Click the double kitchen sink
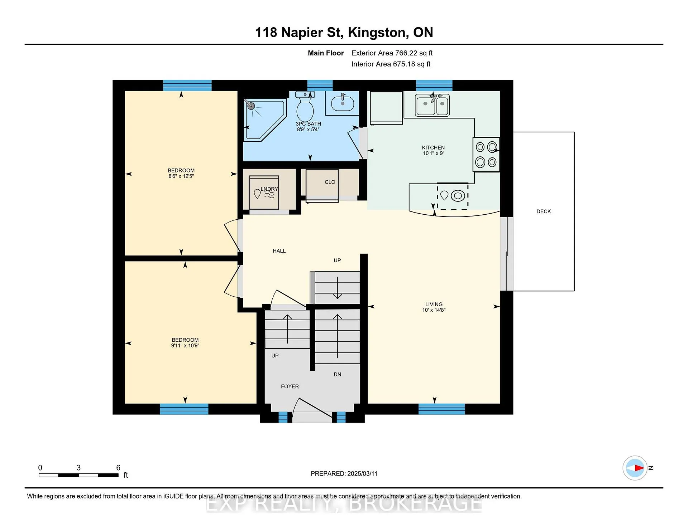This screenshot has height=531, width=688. tap(432, 104)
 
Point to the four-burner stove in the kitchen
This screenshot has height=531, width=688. tap(486, 155)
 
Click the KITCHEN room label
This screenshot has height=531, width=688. tap(433, 147)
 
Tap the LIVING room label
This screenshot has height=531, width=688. tap(434, 304)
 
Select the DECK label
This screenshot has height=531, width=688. tap(544, 211)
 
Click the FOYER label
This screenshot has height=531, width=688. tap(290, 386)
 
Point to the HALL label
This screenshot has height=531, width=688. tap(279, 251)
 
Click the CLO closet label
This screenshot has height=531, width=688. tap(330, 182)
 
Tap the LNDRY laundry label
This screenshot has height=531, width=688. tap(269, 189)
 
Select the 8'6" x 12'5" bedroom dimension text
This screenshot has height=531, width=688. tap(181, 176)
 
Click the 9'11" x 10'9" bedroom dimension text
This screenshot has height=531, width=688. tap(185, 346)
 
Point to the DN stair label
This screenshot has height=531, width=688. tap(338, 374)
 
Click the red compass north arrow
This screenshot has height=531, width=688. tap(640, 468)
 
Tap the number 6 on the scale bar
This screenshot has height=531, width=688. tap(118, 468)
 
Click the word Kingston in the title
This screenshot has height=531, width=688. tap(378, 33)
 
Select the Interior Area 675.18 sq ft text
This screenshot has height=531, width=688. tap(391, 64)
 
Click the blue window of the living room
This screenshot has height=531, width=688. tap(441, 409)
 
